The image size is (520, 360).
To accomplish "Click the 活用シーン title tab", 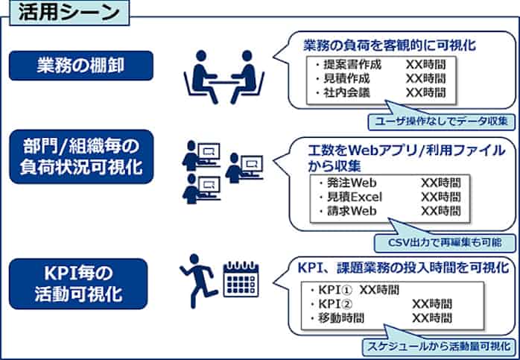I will pyautogui.click(x=66, y=13).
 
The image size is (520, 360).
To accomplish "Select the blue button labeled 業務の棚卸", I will pyautogui.click(x=81, y=65).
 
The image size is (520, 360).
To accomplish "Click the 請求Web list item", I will pyautogui.click(x=352, y=211).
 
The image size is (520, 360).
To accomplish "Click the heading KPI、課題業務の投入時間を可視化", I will pyautogui.click(x=403, y=267).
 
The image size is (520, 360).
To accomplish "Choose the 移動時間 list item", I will pyautogui.click(x=342, y=318).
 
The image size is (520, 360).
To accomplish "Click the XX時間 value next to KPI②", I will pyautogui.click(x=432, y=304).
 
